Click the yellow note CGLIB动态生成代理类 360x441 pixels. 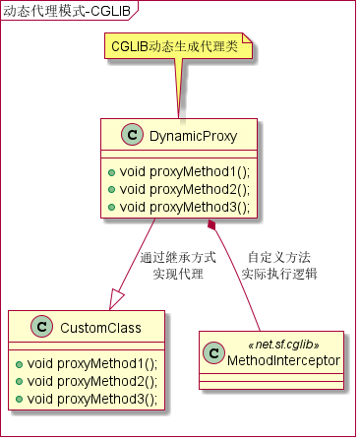pos(175,46)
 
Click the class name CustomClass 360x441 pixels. pos(101,327)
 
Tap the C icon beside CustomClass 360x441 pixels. pos(42,327)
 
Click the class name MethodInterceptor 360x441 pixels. pos(283,361)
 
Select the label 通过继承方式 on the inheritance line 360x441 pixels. pos(178,257)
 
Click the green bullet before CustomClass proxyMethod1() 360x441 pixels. pos(22,363)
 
